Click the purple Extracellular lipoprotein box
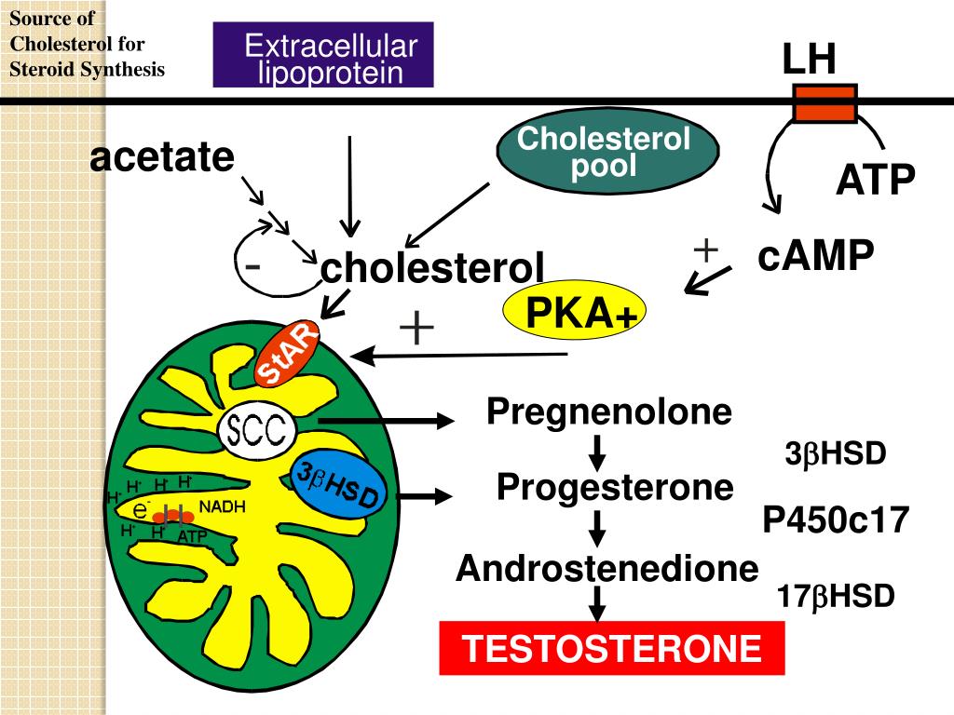click(x=323, y=55)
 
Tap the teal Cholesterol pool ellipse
click(x=607, y=150)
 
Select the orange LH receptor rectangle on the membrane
click(x=825, y=104)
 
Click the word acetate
click(x=162, y=156)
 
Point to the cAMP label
click(x=816, y=254)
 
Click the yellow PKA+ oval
click(x=574, y=311)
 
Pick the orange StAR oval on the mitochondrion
click(x=287, y=353)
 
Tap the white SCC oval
click(x=257, y=430)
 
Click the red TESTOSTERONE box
click(x=612, y=648)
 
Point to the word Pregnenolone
click(x=609, y=411)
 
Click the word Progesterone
click(x=615, y=487)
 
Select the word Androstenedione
click(x=607, y=568)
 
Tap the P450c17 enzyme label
click(x=836, y=519)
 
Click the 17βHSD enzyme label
click(x=836, y=596)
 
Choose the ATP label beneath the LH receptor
click(x=876, y=180)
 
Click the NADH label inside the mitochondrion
click(x=222, y=506)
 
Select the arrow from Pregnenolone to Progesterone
click(x=597, y=453)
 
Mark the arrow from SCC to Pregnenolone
click(x=387, y=420)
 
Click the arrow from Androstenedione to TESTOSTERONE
click(x=597, y=603)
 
